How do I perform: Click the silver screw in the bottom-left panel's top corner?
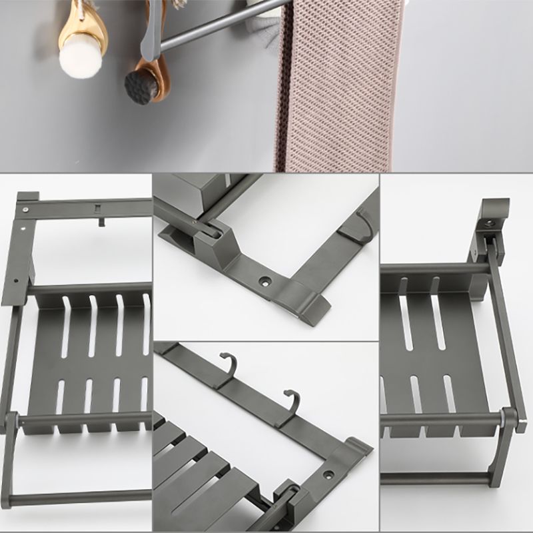(25, 209)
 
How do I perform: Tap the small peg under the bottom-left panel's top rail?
(103, 221)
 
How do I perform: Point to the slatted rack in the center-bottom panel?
(200, 466)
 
